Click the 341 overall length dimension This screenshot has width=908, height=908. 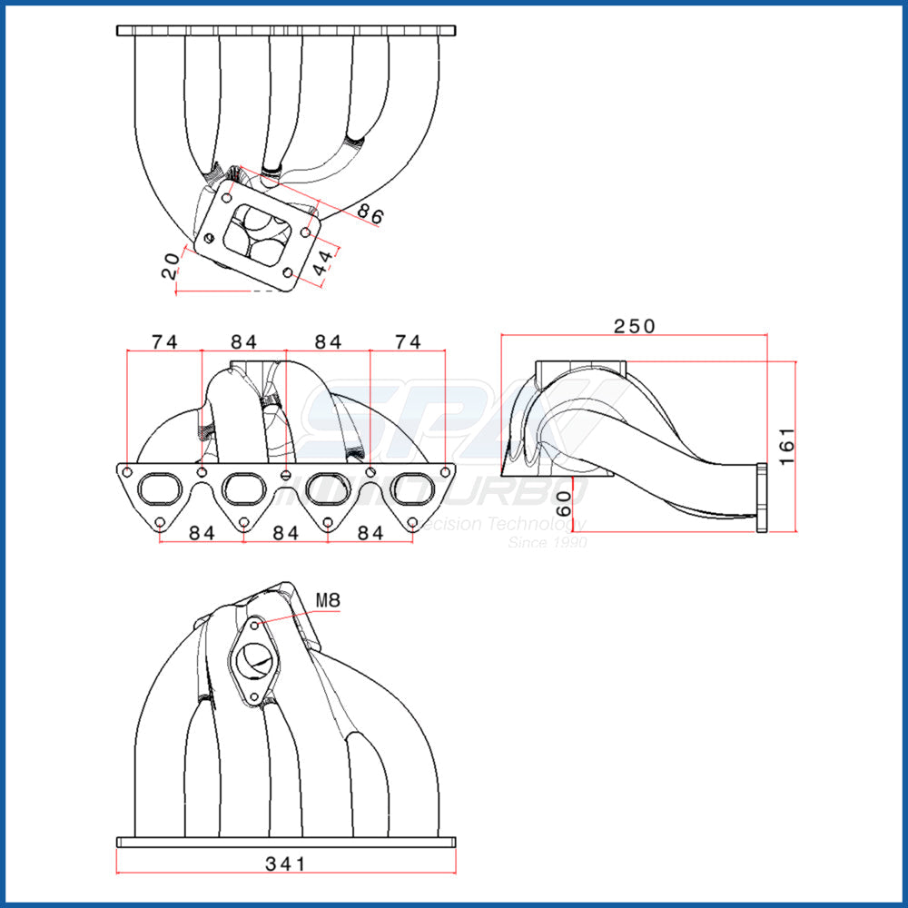tap(285, 863)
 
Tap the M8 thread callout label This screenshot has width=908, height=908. tap(328, 599)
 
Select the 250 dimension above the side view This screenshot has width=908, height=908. tap(634, 325)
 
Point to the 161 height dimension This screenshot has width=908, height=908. tap(786, 446)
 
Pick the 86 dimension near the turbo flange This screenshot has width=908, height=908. tap(370, 214)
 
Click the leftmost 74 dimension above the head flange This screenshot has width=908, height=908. tap(164, 341)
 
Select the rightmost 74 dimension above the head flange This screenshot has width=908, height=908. tap(408, 341)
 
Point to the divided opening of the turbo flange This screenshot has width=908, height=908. tap(255, 231)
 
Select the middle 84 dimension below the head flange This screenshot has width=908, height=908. tap(285, 533)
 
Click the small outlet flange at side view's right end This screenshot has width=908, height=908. tap(760, 497)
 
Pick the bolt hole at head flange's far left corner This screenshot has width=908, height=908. tap(126, 472)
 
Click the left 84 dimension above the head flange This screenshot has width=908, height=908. tap(243, 341)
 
